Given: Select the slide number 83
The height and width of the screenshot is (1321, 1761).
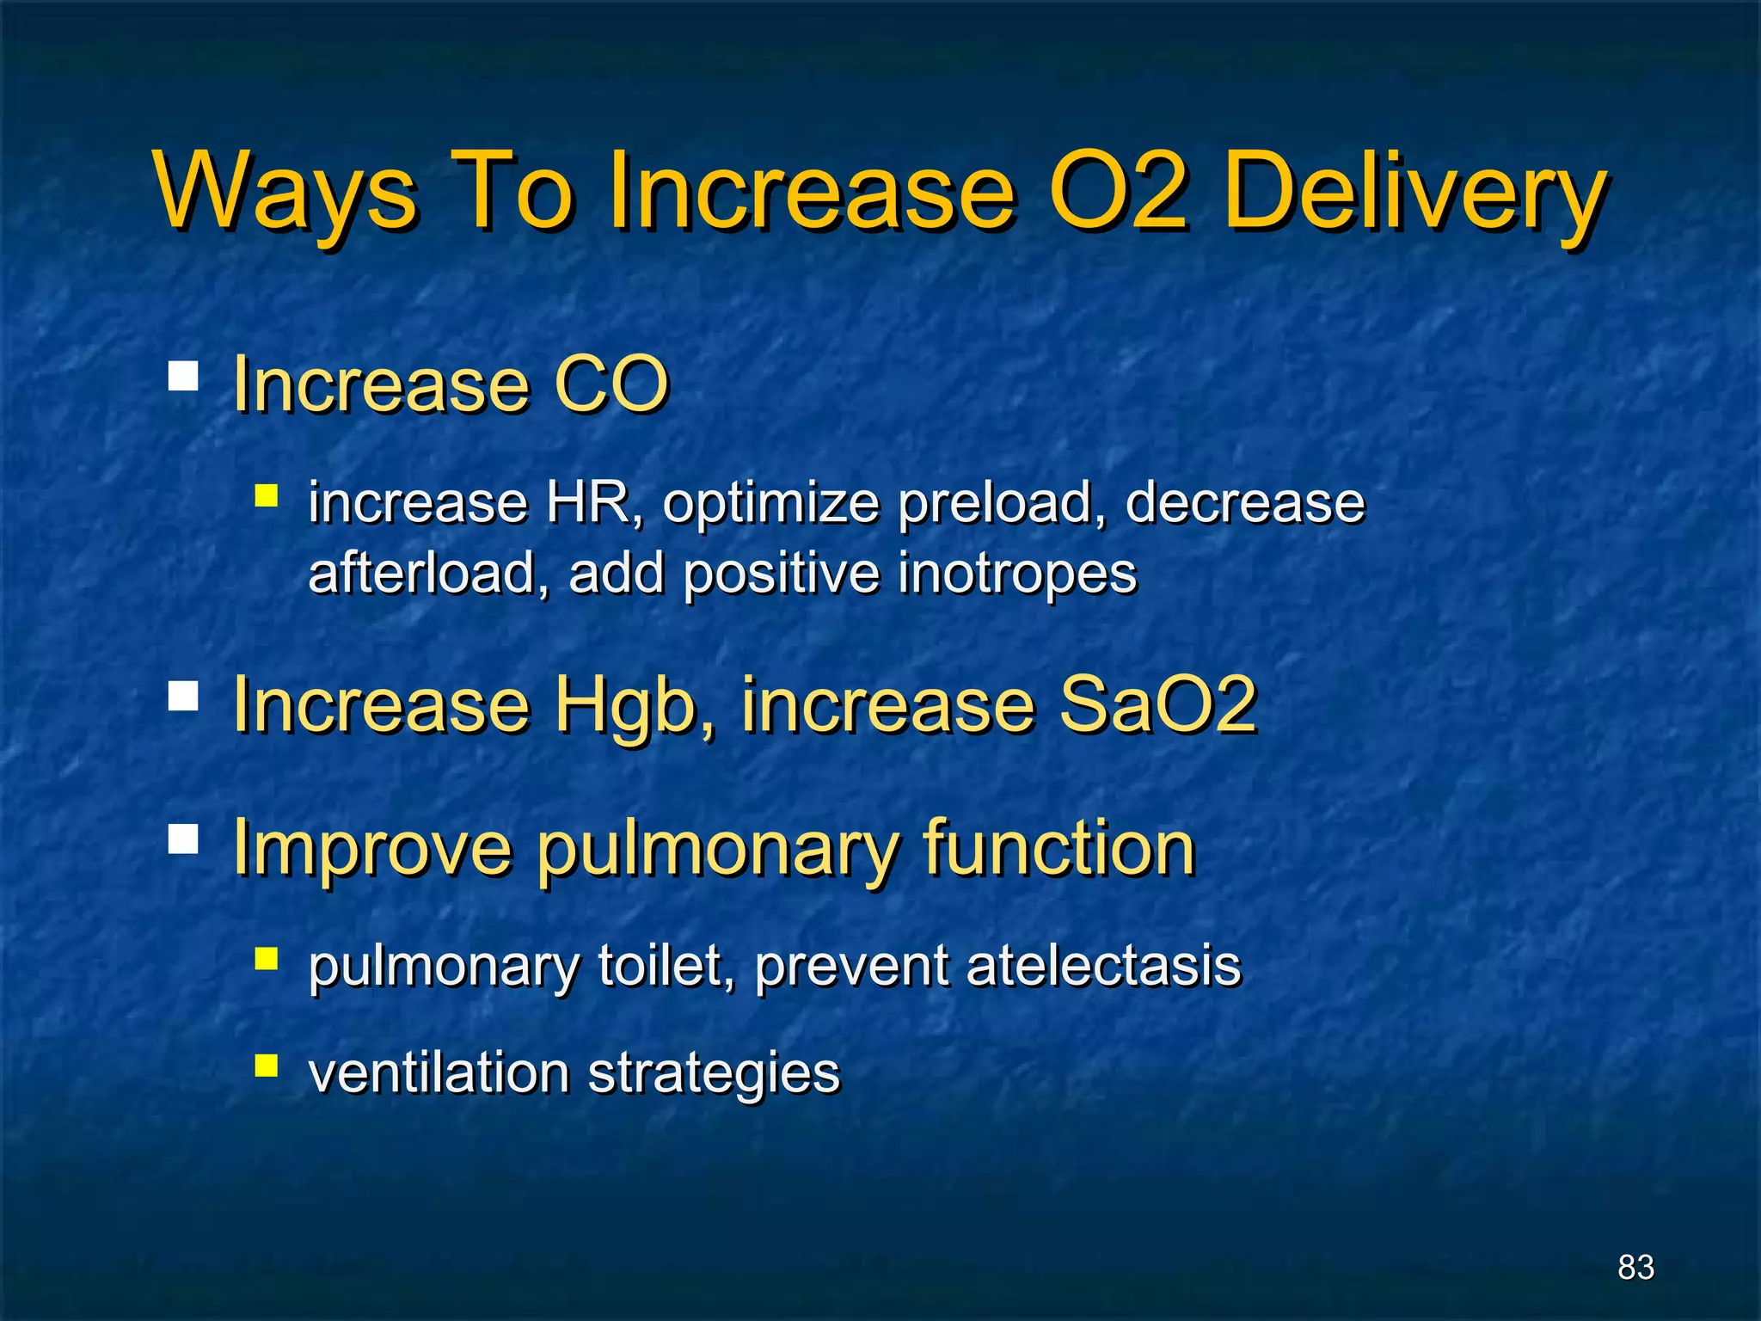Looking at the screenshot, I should pos(1635,1268).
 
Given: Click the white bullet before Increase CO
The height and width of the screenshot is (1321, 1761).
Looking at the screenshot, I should pos(183,376).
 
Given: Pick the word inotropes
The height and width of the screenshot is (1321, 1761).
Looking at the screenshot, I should pos(1016,574).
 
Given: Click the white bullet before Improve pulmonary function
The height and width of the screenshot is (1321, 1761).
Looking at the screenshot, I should pos(183,839).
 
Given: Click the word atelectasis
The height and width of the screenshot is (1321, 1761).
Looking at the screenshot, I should pos(1103,965).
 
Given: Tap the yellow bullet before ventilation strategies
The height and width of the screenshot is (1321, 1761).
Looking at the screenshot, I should pos(267,1066).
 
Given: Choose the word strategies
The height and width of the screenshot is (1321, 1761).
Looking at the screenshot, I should pos(713,1074).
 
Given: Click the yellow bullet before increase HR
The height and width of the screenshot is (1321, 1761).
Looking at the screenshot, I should pos(267,495).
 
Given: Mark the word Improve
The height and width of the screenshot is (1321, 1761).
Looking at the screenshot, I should pos(372,850).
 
